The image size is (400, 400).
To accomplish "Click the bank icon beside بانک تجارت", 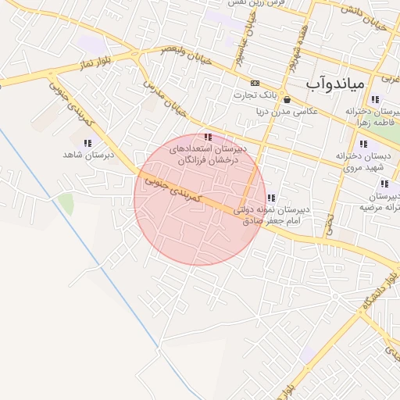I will (x=255, y=83).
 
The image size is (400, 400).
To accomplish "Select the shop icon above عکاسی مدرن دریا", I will (x=287, y=100).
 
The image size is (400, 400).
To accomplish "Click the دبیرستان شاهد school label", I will (x=88, y=155).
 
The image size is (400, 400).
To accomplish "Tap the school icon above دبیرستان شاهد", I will (x=87, y=143).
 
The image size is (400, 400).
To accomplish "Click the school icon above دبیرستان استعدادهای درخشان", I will (x=207, y=137).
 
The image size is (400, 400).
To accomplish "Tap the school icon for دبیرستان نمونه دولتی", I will (x=271, y=198).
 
